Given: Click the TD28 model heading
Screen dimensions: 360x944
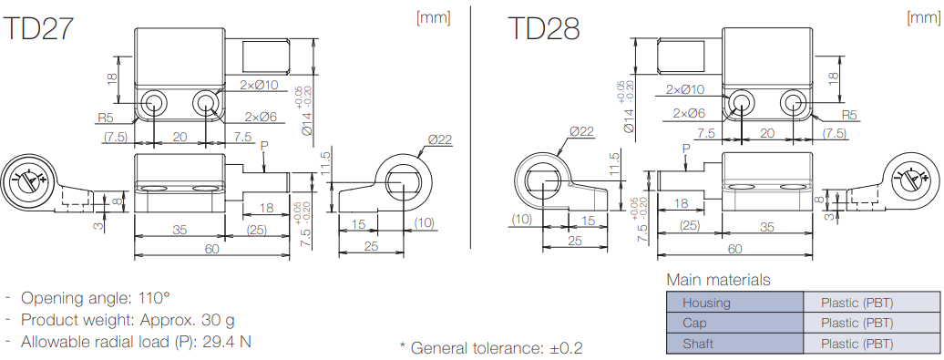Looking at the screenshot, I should (544, 28).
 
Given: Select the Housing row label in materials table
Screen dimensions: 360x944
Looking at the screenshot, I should (706, 303).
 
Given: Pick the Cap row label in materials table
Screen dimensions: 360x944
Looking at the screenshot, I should (695, 323).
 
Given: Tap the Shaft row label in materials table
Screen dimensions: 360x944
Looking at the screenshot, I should (699, 344).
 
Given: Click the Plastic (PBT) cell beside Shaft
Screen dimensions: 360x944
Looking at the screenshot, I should (857, 344).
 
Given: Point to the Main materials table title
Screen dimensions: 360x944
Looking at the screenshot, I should (718, 280).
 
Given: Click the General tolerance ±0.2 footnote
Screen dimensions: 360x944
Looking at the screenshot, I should (491, 347).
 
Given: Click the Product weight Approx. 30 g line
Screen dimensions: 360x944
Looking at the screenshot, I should (127, 320).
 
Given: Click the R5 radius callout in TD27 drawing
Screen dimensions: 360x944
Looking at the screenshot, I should (107, 118).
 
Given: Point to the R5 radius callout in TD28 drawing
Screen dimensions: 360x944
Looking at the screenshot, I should (849, 115).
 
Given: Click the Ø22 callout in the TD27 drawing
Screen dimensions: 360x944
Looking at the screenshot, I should (439, 139).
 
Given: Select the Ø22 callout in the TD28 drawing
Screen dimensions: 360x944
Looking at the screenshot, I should (581, 131).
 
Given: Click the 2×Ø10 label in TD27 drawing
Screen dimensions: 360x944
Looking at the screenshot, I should (259, 85).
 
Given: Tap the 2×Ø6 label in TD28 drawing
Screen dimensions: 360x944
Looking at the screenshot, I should (689, 112).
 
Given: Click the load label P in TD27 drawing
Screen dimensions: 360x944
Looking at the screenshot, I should (264, 146).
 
